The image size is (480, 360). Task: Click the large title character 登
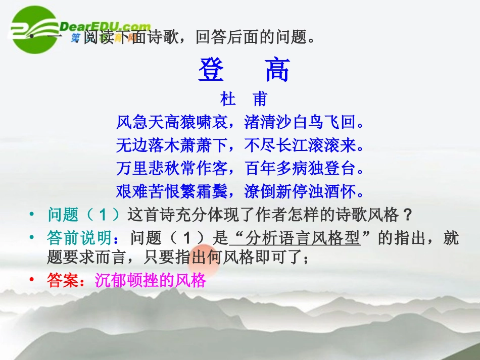pos(211,70)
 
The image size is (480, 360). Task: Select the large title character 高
pos(277,70)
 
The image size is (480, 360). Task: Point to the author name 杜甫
pos(244,99)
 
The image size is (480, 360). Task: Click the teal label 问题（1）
pos(85,215)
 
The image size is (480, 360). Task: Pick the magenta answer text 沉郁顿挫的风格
pos(151,281)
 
